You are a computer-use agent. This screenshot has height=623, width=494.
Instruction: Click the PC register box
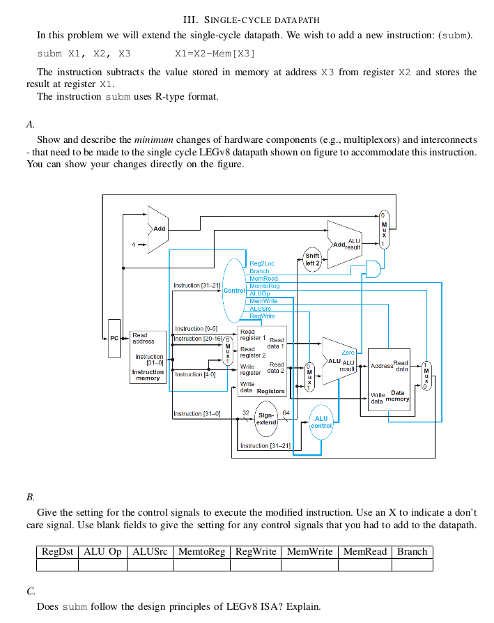coord(114,338)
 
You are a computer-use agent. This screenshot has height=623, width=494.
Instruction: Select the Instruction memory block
coord(148,357)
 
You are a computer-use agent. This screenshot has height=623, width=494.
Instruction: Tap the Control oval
coord(234,289)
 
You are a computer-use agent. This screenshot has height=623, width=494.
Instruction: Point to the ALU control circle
coord(321,422)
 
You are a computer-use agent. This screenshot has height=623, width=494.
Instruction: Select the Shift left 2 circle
coord(312,259)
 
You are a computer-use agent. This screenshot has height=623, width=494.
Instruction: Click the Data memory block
coord(389,380)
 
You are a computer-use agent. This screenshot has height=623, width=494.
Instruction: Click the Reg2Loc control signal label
coord(262,263)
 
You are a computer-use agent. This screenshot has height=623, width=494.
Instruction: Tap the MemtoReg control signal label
coord(264,286)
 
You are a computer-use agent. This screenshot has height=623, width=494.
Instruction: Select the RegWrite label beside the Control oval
coord(262,316)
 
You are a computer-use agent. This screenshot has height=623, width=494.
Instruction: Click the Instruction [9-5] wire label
coord(196,328)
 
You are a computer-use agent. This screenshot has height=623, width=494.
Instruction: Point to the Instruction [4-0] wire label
coord(194,374)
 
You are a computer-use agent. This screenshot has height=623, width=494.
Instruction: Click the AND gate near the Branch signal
coord(373,270)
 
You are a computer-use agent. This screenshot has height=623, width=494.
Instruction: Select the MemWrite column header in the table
coord(309,551)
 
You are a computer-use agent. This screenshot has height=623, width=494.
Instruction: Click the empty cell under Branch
coord(412,564)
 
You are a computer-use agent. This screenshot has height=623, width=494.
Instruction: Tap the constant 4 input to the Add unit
coord(133,244)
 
